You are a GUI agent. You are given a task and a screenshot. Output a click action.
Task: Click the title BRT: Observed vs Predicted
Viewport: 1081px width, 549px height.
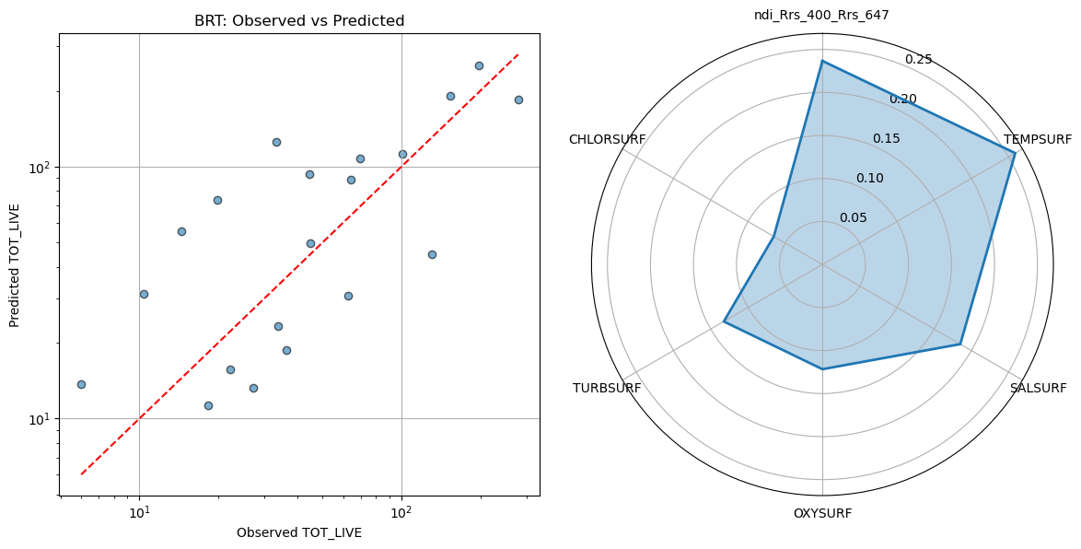(x=299, y=20)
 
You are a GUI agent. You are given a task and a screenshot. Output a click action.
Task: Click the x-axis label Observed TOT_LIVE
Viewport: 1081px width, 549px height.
(x=299, y=532)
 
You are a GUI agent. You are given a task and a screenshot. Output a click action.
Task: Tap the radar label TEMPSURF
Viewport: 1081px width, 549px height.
(x=1038, y=140)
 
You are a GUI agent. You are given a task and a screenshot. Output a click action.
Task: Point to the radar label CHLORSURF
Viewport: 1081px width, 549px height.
(x=607, y=140)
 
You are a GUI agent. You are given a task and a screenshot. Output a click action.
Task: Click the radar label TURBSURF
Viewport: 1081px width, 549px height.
(x=607, y=388)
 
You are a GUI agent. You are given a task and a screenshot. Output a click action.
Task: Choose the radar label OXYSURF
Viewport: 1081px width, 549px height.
(x=822, y=513)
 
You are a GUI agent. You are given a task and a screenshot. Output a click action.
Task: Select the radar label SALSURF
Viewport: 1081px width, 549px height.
(x=1038, y=388)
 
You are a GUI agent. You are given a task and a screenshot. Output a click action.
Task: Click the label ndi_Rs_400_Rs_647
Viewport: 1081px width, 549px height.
(x=822, y=15)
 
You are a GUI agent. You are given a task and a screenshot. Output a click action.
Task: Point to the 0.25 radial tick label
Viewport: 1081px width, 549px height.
(x=918, y=60)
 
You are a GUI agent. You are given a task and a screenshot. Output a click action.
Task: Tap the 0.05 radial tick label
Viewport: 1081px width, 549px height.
(x=853, y=218)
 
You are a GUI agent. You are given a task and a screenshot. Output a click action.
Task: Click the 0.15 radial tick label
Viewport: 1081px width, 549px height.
(x=887, y=139)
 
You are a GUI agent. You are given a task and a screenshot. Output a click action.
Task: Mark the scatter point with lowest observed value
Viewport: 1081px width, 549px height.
(x=81, y=384)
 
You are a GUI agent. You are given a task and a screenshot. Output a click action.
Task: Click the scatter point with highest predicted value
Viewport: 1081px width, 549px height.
(x=479, y=65)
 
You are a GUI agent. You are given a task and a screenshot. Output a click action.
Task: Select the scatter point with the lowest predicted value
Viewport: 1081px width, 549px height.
(x=208, y=405)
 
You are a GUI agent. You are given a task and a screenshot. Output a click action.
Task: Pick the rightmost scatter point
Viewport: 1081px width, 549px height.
(x=518, y=99)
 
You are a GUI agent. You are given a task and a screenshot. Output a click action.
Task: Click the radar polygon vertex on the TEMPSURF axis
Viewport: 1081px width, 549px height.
(x=1015, y=153)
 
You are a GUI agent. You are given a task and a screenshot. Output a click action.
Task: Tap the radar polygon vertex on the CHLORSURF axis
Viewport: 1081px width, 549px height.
(x=773, y=237)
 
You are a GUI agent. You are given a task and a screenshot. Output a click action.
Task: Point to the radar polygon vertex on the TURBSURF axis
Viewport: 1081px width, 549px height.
(x=724, y=322)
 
